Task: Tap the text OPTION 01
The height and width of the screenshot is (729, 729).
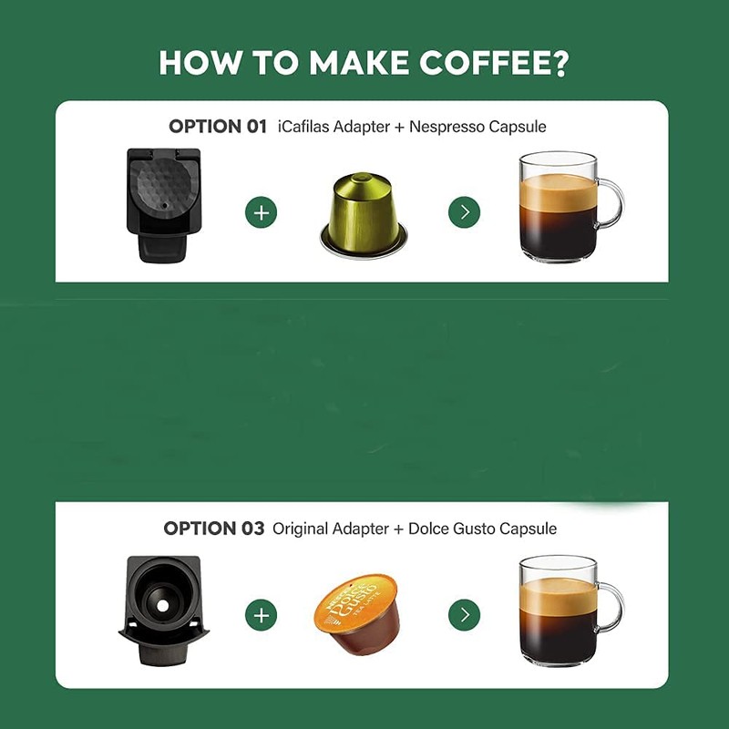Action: (x=218, y=127)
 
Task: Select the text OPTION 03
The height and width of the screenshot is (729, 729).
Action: (x=214, y=529)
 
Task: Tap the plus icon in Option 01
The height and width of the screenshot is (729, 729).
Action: (x=262, y=213)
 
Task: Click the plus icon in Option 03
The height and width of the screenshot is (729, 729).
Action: (x=262, y=615)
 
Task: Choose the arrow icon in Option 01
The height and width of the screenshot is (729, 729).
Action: (x=465, y=213)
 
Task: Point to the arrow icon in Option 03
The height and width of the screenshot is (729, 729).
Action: (x=465, y=615)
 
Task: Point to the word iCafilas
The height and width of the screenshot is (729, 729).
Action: (x=308, y=127)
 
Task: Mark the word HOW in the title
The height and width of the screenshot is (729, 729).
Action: (x=194, y=63)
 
